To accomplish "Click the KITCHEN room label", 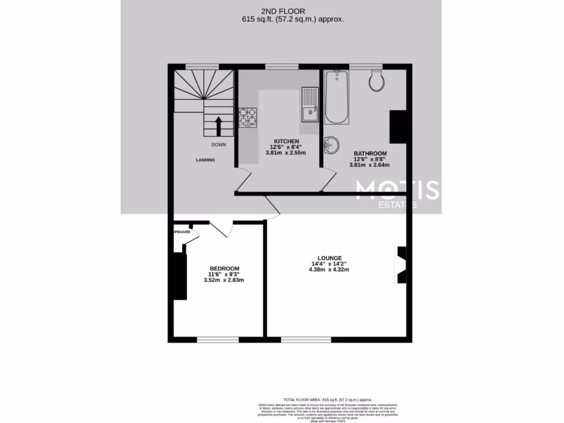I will coord(284,141).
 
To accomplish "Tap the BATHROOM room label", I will coord(370,153).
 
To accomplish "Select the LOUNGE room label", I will coord(329,258).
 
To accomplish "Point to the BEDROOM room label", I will coord(224,268).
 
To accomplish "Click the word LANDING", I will coord(205,160).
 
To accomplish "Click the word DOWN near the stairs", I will coord(218,145).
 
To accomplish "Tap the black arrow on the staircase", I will coord(218,126).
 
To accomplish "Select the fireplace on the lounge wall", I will coord(401,264).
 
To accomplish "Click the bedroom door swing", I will coord(221,229).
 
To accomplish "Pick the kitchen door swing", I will coord(244,180).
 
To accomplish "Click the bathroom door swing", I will coord(328,180).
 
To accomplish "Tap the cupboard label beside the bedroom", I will coord(182,232).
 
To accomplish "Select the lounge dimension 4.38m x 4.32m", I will coord(329,270).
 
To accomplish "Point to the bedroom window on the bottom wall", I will coord(218,340).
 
